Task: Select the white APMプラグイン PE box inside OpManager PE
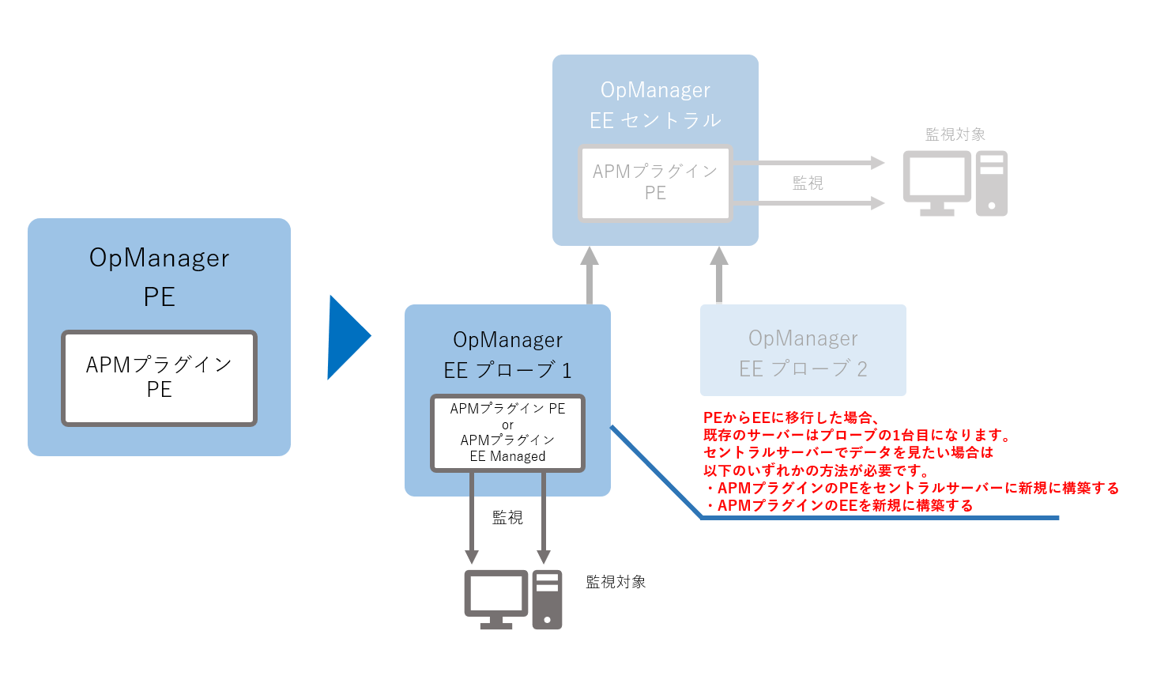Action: (159, 378)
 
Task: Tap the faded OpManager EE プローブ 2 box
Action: (803, 350)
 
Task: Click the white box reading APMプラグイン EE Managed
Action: (507, 433)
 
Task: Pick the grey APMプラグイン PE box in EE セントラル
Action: (655, 183)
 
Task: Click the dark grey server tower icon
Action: (547, 599)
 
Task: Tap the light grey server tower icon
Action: (992, 183)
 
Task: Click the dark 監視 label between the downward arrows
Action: (507, 517)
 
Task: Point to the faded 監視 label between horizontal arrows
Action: (808, 183)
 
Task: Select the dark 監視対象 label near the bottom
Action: (616, 582)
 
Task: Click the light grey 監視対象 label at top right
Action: (955, 134)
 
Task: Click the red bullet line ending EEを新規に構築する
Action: (839, 505)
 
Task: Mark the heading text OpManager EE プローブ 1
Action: (507, 355)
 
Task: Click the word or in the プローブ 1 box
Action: (507, 425)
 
